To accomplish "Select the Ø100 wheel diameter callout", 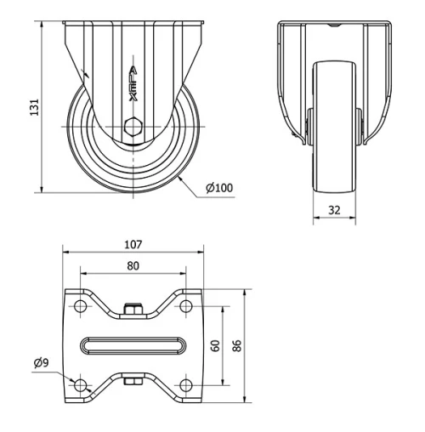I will click(x=219, y=189).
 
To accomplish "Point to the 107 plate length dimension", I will click(x=133, y=244).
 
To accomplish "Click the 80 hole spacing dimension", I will click(x=133, y=264).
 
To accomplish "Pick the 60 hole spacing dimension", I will click(x=216, y=346).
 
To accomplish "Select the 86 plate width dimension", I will click(x=239, y=346).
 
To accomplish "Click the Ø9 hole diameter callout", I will click(x=41, y=363).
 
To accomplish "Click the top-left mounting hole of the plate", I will click(x=81, y=305).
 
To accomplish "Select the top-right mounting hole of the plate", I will click(x=184, y=305).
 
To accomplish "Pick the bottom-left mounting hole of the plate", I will click(x=81, y=386).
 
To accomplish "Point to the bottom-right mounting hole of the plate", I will click(x=184, y=386).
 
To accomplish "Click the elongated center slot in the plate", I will click(x=133, y=345).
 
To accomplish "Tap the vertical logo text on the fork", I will click(x=133, y=86).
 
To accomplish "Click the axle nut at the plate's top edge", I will click(x=133, y=310).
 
